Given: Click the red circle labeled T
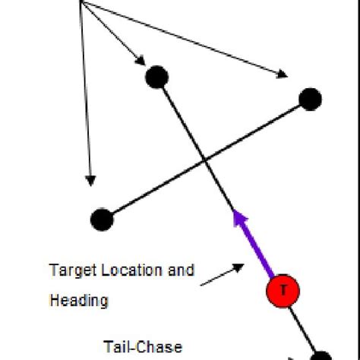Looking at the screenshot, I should coord(283,291).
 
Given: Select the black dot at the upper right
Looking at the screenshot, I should coord(310,99).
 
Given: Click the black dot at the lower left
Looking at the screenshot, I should coord(101,219).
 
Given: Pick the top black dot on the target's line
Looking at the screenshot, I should coord(156,77).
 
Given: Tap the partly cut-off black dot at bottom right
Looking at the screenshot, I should coord(321,355).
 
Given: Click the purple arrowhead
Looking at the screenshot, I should coord(241,219).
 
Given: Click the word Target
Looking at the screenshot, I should coord(69,270).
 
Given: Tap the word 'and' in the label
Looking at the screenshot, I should coord(183,270).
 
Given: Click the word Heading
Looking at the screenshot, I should coord(78,301).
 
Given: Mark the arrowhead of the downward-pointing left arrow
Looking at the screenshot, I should coord(90,181).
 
